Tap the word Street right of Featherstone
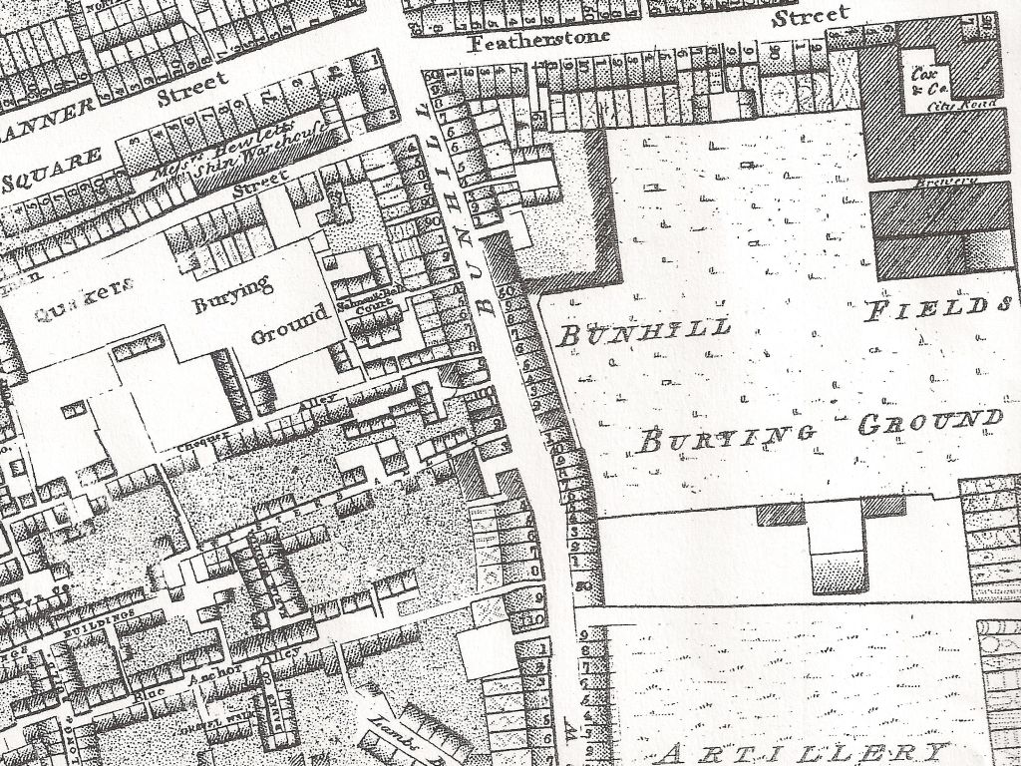(812, 15)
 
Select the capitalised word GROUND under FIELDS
(930, 424)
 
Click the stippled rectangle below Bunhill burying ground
(837, 574)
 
